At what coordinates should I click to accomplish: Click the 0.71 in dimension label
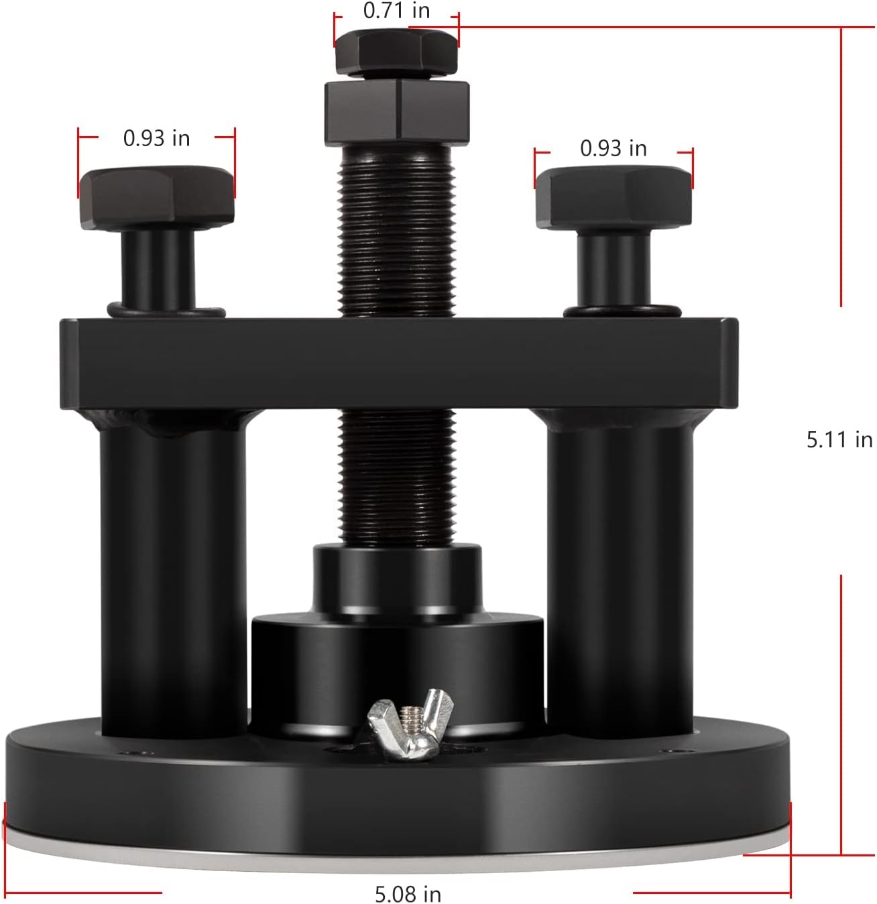click(x=396, y=11)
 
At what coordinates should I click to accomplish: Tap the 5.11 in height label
click(x=839, y=439)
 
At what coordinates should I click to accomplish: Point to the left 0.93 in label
click(x=156, y=138)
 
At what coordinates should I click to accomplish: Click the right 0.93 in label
click(x=613, y=148)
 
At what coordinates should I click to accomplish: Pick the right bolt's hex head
click(x=613, y=198)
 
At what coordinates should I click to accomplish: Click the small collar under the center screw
click(x=397, y=577)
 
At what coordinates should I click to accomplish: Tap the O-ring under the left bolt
click(x=166, y=312)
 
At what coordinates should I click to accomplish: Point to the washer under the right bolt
click(x=622, y=311)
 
